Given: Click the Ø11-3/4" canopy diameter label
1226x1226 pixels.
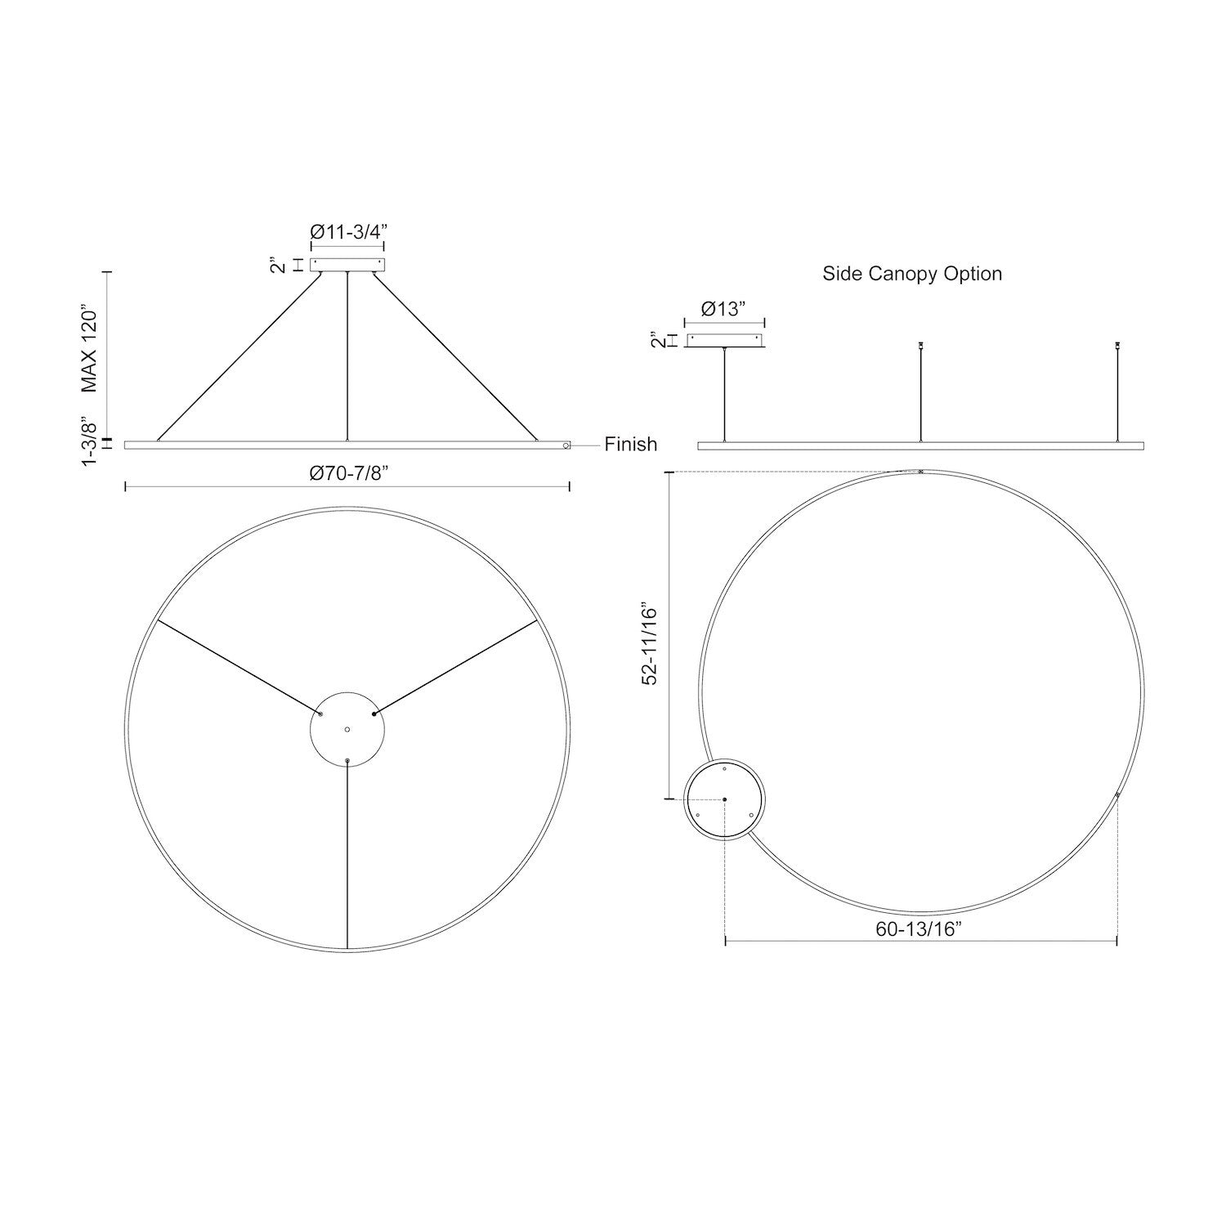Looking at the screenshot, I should click(x=347, y=231).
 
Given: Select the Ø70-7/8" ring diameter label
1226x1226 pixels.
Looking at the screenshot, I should click(x=347, y=473).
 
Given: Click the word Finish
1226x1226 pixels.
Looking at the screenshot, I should click(x=630, y=444).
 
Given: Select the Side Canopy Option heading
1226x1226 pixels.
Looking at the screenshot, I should click(x=912, y=273).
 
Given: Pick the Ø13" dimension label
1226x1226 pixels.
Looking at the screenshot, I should click(x=724, y=309).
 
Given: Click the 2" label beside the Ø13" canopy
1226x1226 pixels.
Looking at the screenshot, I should click(x=654, y=340).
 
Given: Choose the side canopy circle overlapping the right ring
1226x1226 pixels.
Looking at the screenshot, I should click(x=725, y=799).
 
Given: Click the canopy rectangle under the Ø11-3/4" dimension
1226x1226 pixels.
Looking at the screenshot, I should click(x=347, y=265).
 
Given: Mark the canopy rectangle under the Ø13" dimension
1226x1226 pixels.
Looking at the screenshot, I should click(x=725, y=341).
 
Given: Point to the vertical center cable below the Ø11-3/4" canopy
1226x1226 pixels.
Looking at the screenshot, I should click(x=347, y=356).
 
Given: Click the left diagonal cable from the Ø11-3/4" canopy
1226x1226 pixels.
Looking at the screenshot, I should click(x=239, y=356).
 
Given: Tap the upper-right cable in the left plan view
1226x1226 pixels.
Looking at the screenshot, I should click(x=454, y=666).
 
